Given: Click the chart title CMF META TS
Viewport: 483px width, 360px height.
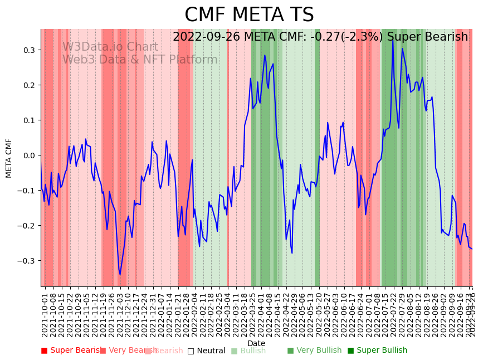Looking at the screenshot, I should [249, 15].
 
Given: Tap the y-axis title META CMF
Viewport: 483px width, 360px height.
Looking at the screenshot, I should [9, 158].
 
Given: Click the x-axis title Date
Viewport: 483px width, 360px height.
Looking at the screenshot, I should [256, 343].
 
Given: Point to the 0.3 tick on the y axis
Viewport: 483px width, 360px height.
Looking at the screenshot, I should [28, 50].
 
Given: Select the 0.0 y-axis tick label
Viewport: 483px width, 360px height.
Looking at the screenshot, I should [28, 155].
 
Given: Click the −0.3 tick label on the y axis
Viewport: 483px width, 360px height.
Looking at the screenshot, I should [26, 261].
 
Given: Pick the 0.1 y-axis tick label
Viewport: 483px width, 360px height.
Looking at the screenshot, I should [28, 120].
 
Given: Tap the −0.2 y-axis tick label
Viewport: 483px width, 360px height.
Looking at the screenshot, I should [26, 226].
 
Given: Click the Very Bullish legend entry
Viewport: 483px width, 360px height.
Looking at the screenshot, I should [314, 351].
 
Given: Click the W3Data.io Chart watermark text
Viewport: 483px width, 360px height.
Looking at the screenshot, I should [110, 47].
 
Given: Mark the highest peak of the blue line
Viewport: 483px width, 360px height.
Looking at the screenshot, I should [392, 39].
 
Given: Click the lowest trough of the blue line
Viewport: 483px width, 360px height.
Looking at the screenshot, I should [120, 274].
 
